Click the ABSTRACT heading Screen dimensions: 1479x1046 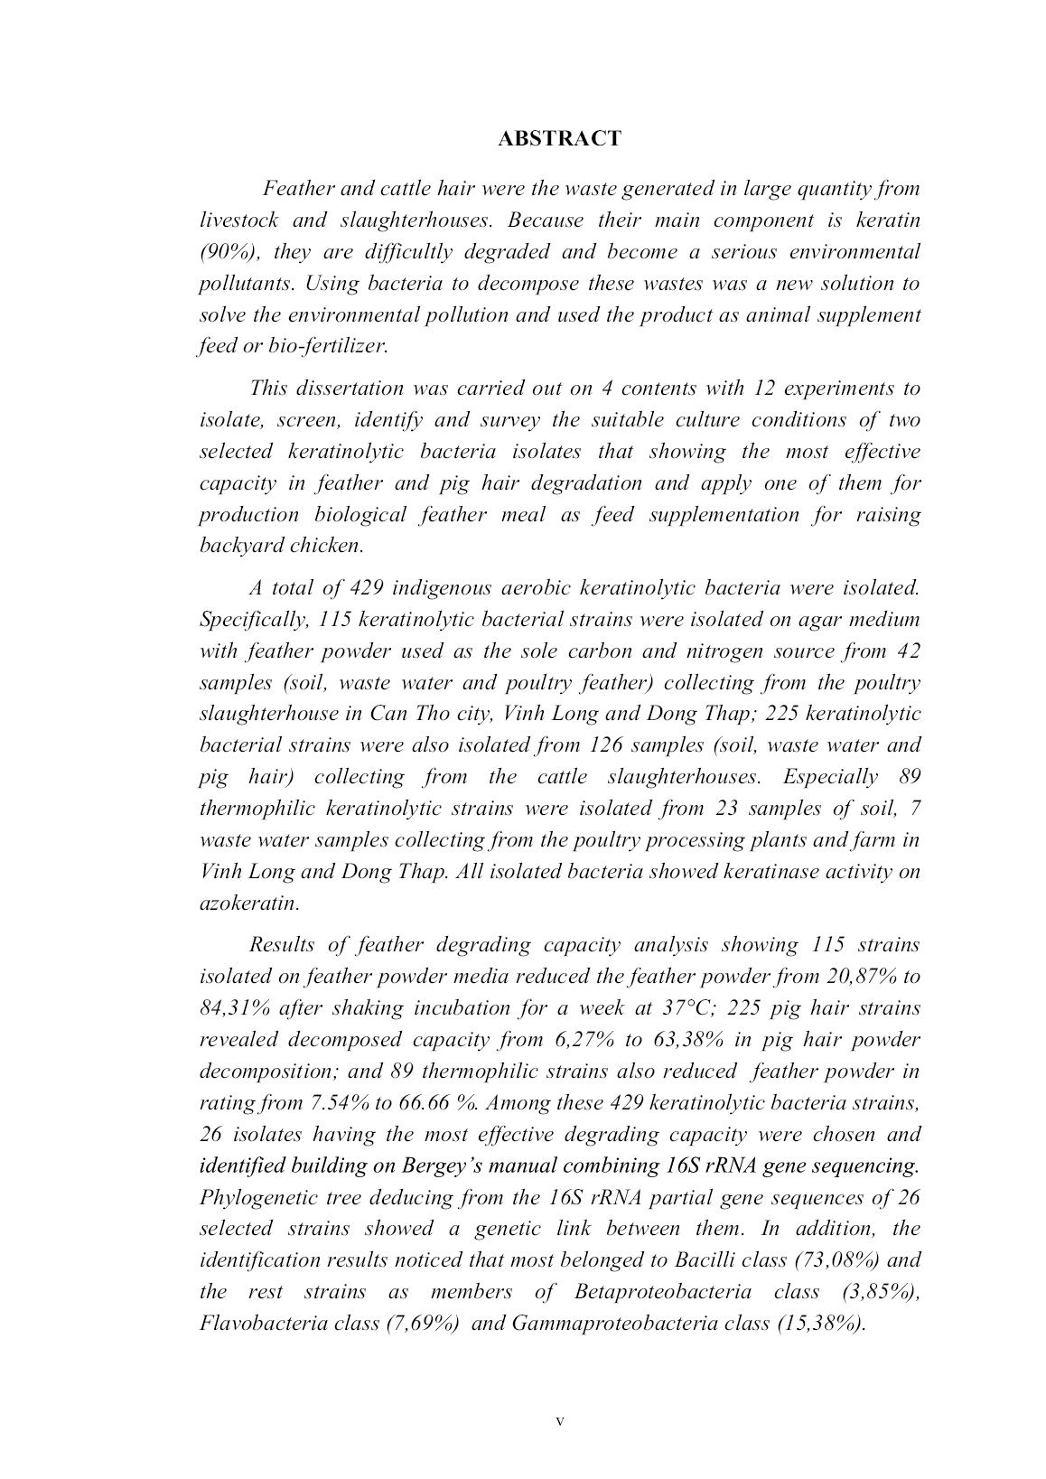tap(559, 139)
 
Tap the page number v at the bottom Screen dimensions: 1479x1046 tap(559, 1421)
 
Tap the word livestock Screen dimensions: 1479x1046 tap(238, 220)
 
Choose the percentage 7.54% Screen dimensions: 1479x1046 tap(333, 1103)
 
